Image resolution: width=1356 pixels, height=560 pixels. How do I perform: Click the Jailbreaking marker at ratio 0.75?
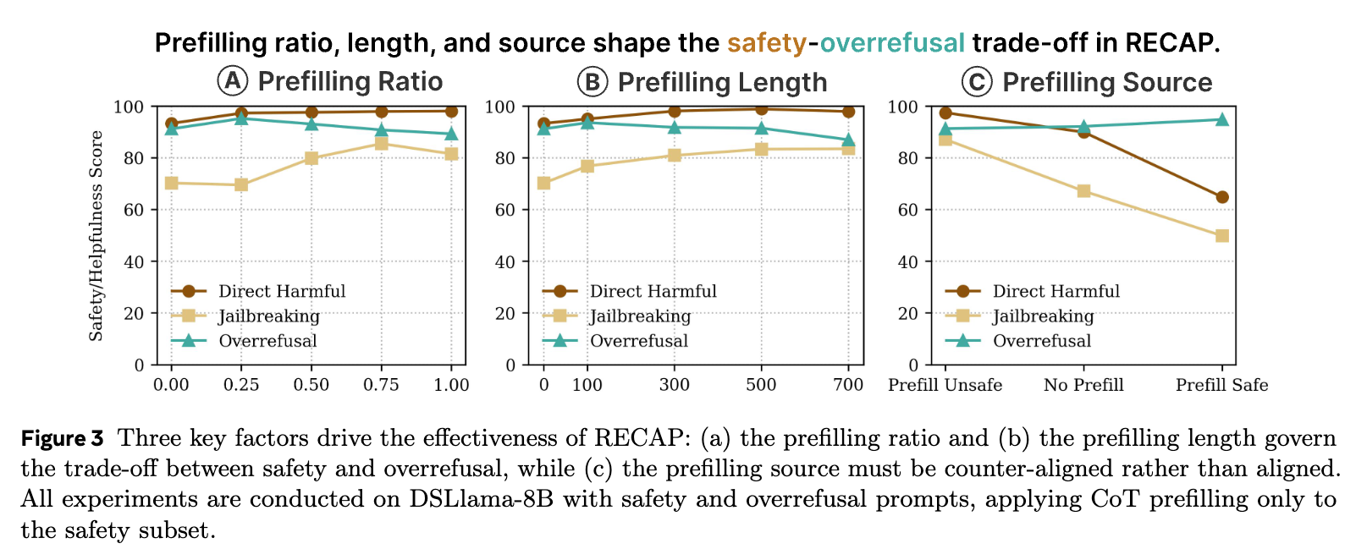(382, 144)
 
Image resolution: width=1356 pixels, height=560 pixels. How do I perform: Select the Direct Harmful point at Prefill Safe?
(1221, 197)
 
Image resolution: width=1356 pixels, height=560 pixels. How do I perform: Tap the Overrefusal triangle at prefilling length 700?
(848, 140)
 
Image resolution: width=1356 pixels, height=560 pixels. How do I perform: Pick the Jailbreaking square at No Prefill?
(1083, 191)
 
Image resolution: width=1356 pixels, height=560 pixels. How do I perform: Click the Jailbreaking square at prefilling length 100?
(587, 166)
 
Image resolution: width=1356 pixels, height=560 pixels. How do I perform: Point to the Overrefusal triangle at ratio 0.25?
(241, 118)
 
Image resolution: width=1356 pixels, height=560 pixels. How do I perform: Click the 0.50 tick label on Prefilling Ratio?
(311, 386)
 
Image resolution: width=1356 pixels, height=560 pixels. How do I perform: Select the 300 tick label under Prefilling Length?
(675, 386)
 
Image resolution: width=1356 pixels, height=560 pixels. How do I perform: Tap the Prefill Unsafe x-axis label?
(945, 386)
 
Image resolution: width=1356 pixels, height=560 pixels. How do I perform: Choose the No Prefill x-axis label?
(1083, 386)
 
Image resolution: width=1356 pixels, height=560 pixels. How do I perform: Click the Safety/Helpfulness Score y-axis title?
(96, 236)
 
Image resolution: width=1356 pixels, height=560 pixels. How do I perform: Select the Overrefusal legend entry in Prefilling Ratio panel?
(267, 341)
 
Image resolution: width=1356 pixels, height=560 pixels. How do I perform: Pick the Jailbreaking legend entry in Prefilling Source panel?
(1043, 316)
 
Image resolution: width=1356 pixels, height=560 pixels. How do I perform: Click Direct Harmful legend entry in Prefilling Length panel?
(653, 292)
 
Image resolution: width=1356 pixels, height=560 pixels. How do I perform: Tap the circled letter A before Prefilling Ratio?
(232, 82)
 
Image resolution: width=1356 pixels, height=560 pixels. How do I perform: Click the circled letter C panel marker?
(977, 82)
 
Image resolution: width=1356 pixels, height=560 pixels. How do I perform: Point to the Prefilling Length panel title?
(722, 82)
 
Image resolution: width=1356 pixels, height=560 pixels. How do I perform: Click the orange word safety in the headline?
(767, 42)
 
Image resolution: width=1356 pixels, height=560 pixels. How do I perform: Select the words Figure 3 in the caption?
(62, 438)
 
